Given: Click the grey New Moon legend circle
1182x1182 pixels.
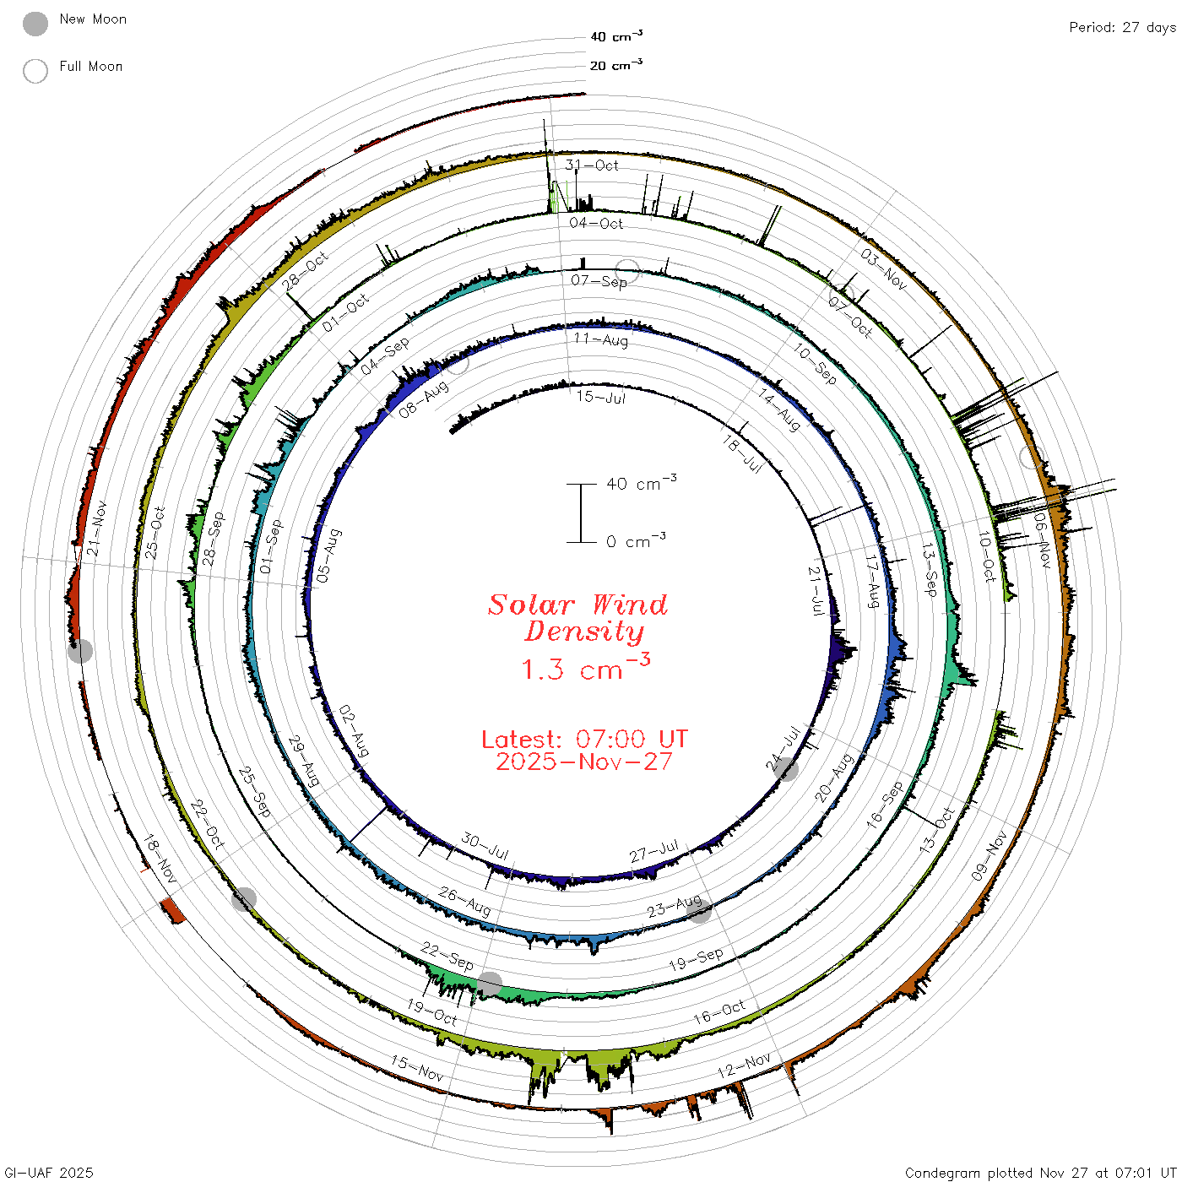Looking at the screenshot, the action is coord(35,24).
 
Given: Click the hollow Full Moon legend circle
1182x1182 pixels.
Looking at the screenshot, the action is coord(35,71).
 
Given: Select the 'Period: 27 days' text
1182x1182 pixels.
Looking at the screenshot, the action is coord(1122,28).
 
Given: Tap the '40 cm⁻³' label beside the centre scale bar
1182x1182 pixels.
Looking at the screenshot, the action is coord(641,483).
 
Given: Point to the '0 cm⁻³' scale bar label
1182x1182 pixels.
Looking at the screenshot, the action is coord(636,540).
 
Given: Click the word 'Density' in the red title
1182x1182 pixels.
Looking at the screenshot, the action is coord(584,632).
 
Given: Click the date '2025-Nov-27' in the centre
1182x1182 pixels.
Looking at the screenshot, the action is coord(584,762).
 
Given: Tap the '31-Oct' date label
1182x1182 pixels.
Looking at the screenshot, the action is coord(591,165).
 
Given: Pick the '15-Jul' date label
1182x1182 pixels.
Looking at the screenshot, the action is coord(600,397).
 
